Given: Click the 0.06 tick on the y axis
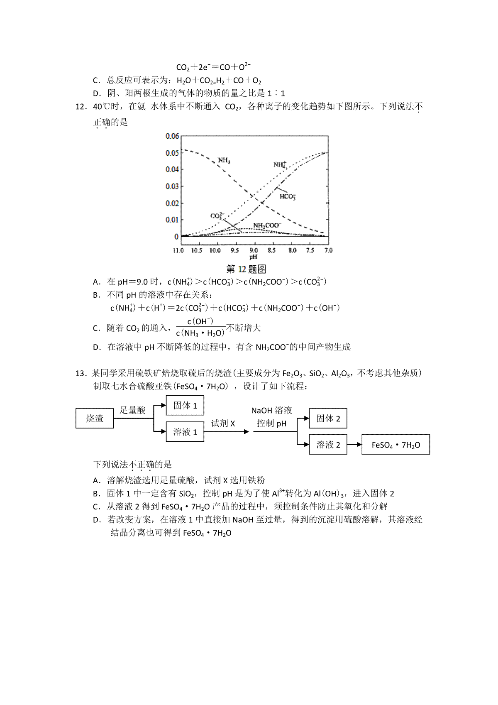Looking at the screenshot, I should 172,136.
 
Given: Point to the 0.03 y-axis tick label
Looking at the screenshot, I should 172,186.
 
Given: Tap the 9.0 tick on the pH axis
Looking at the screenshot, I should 254,250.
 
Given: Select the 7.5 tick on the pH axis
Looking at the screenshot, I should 310,250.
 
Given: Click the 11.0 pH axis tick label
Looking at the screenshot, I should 178,250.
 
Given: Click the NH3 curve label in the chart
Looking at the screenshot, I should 224,160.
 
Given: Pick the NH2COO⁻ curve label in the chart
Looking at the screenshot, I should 267,225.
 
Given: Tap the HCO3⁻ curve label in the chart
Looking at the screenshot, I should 287,196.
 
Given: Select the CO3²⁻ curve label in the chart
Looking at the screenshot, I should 217,215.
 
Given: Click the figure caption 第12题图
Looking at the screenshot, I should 246,269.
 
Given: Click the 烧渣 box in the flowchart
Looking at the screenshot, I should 95,419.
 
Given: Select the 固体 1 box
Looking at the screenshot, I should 185,406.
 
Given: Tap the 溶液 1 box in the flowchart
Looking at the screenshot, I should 185,432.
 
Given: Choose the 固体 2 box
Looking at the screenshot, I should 328,419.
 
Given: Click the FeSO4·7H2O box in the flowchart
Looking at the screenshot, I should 395,445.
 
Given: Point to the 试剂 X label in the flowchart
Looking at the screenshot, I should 223,423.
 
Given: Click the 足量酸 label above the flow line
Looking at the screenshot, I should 133,410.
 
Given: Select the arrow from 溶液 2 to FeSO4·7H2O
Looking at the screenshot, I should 354,445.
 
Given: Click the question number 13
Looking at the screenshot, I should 80,373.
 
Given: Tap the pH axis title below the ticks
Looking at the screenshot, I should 253,257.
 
